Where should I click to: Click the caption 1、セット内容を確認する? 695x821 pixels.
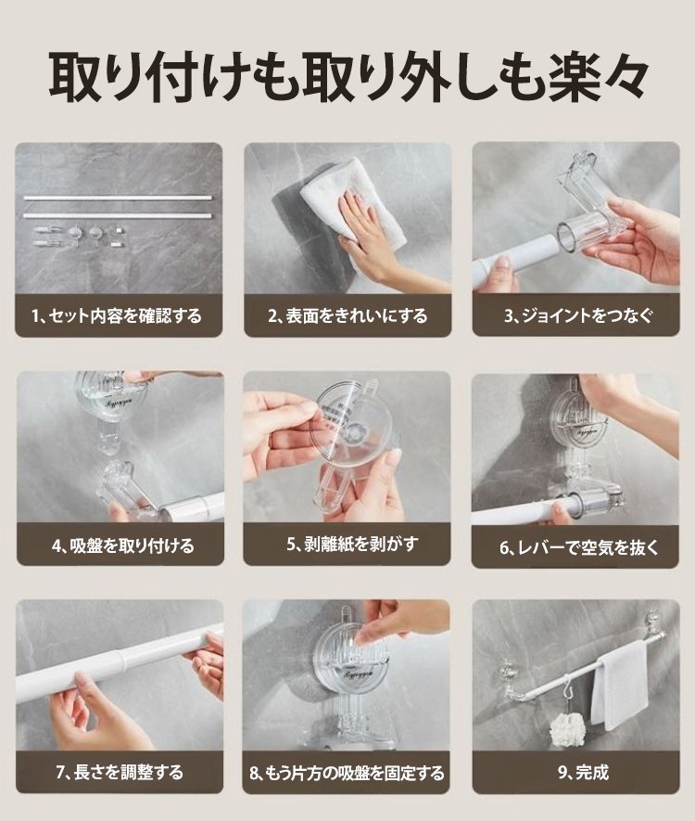coord(116,316)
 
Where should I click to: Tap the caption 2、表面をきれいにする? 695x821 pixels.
coord(347,316)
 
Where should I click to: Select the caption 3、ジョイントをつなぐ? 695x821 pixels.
coord(578,315)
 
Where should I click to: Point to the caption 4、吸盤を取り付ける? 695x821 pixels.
coord(123,545)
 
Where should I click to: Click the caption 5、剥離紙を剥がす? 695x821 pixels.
coord(352,544)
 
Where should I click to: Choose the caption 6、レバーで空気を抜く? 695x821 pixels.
coord(579,547)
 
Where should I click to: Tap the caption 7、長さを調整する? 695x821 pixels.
coord(120,773)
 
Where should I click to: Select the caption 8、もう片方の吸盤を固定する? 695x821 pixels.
coord(347,773)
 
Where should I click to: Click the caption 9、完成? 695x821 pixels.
coord(583,773)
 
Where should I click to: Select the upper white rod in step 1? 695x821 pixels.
coord(119,198)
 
